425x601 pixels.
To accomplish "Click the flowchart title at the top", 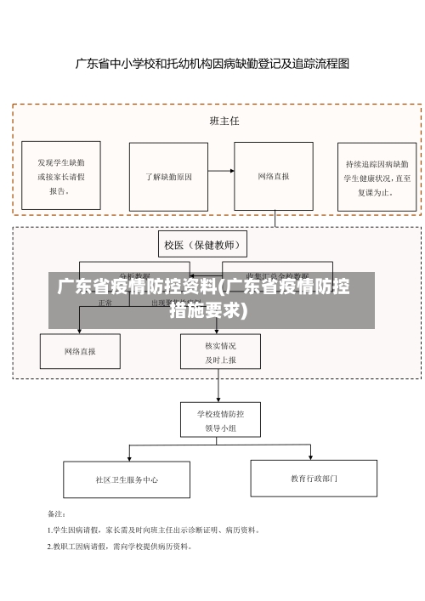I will pyautogui.click(x=212, y=63).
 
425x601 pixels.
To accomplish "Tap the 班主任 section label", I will pyautogui.click(x=224, y=121).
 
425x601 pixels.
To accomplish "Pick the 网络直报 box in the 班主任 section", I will pyautogui.click(x=274, y=177).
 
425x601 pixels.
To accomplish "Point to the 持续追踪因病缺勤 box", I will pyautogui.click(x=378, y=177).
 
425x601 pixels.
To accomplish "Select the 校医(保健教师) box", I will pyautogui.click(x=205, y=246).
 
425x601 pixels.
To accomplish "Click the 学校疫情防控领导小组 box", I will pyautogui.click(x=220, y=421).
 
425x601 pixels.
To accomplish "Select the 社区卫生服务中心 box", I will pyautogui.click(x=127, y=479).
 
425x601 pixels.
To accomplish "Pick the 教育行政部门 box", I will pyautogui.click(x=314, y=479).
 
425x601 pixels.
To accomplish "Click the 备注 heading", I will pyautogui.click(x=56, y=513).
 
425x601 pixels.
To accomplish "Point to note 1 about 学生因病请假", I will pyautogui.click(x=153, y=530).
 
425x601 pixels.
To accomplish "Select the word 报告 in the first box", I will pyautogui.click(x=59, y=191).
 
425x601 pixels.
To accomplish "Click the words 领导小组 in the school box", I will pyautogui.click(x=220, y=428).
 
